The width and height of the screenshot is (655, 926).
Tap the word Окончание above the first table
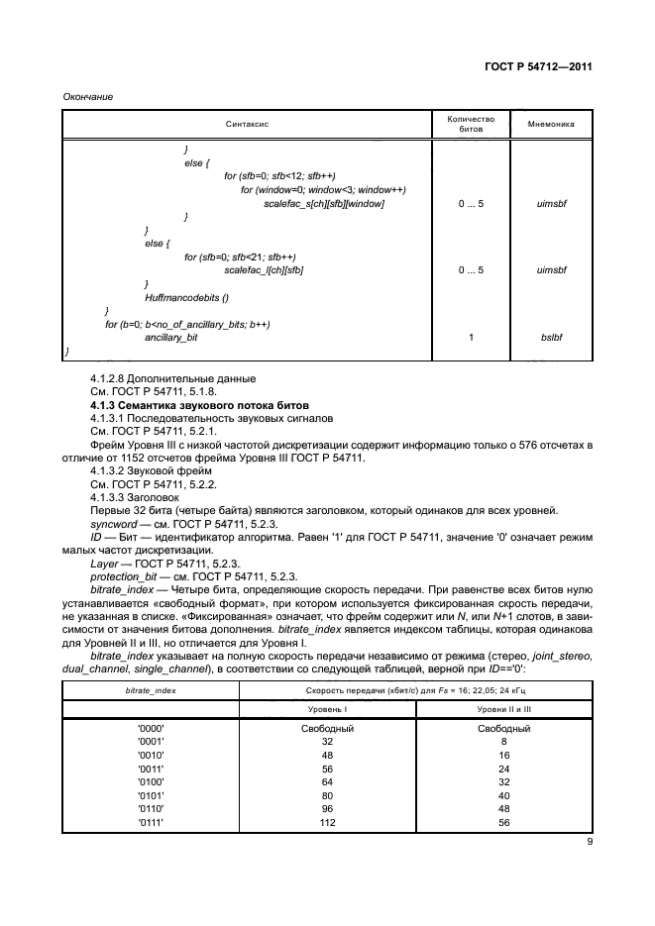(88, 96)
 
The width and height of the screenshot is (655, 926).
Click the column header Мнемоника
(551, 125)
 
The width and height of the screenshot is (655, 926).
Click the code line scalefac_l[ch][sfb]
(264, 269)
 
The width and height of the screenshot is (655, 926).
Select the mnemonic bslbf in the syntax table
(551, 338)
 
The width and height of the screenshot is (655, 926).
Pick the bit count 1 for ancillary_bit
(471, 338)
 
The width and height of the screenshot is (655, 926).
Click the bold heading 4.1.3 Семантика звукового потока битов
(199, 406)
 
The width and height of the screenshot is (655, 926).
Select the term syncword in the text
(113, 524)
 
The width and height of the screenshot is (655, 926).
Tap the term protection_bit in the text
(120, 576)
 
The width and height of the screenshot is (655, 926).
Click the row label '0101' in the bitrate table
(152, 794)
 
